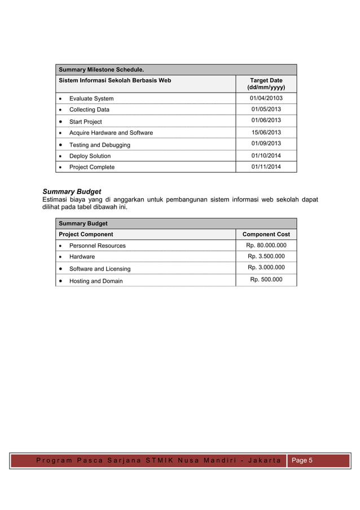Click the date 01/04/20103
coord(266,98)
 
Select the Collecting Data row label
coord(89,110)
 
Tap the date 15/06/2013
coord(266,132)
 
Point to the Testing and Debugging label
coord(99,145)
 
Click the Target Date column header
coord(266,84)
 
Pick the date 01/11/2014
coord(266,167)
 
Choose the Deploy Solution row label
coord(90,156)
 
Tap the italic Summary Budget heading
coord(72,191)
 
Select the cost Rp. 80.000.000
coord(266,245)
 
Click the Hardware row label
coord(82,256)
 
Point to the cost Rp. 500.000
coord(266,279)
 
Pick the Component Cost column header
coord(266,234)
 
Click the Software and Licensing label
coord(99,269)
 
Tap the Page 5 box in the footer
coord(301,460)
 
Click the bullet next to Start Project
coord(60,121)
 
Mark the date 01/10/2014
coord(266,155)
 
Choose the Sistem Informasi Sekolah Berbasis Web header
coord(115,81)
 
